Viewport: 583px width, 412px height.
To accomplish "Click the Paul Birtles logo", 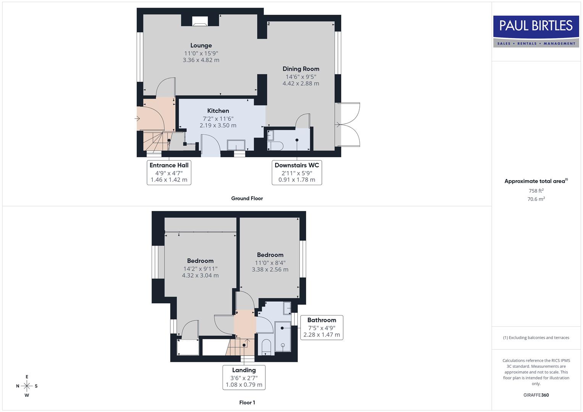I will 536,31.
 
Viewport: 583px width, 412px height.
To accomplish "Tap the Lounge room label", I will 201,45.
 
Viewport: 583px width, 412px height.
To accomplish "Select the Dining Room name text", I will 301,69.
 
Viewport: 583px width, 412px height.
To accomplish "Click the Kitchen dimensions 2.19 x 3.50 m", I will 218,125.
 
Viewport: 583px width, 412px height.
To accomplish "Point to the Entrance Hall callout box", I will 169,172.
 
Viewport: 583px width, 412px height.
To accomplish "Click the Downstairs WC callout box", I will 297,172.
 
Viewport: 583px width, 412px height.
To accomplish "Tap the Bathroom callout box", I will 321,327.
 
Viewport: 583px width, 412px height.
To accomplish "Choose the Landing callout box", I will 244,377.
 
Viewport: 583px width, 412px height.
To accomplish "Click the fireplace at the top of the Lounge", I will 199,21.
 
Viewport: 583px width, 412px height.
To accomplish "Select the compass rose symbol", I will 27,386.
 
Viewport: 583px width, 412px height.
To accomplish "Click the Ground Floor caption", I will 247,198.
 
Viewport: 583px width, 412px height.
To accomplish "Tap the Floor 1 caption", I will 247,402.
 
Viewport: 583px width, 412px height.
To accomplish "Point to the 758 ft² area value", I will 536,191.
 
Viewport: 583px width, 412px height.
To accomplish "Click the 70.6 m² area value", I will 536,199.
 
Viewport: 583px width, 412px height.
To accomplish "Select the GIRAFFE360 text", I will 536,395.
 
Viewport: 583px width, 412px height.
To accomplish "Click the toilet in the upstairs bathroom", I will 266,346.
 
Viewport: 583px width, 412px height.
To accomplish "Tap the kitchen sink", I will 236,145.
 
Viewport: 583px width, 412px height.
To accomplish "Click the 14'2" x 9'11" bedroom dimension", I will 200,269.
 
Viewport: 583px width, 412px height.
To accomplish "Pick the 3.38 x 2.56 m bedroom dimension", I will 270,269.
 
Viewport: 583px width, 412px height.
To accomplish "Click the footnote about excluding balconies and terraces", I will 536,338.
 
